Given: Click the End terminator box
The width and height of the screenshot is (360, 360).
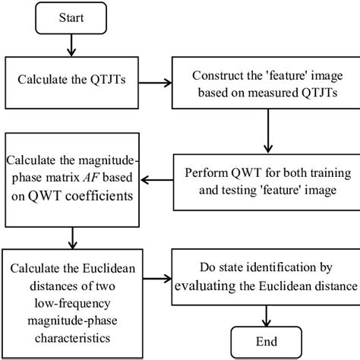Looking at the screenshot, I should pos(267,340).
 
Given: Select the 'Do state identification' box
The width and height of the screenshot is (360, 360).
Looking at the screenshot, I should pos(267,278).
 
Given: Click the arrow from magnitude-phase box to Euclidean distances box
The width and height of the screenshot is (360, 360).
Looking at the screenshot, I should pos(69,238).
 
